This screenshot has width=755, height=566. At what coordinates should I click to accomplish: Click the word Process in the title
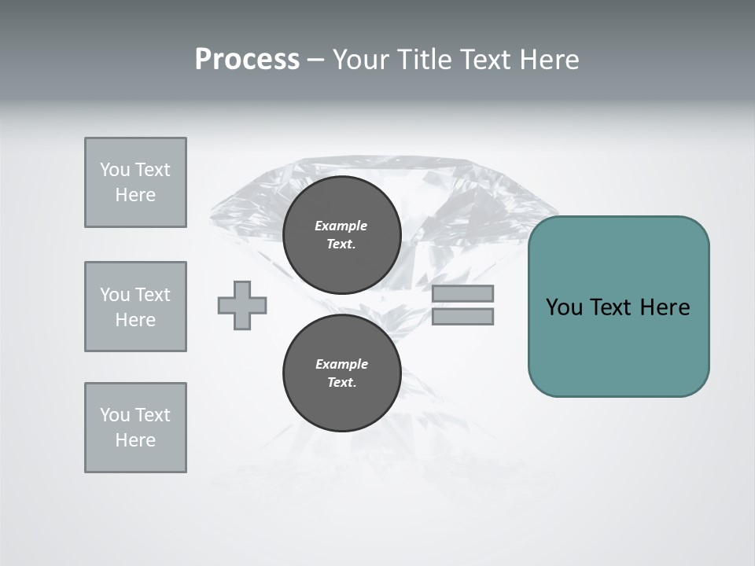(x=247, y=60)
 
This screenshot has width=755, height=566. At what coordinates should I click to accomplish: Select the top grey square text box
(x=135, y=182)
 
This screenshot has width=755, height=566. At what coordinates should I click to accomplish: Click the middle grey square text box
(x=135, y=307)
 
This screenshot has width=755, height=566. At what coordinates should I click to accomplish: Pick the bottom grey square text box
(x=135, y=428)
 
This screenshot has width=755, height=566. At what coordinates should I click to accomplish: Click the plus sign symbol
(x=242, y=305)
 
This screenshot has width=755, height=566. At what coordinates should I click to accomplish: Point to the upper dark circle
(x=341, y=235)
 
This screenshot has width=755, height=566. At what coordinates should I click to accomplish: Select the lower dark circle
(x=341, y=373)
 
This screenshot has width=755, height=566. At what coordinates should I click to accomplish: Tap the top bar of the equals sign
(x=462, y=293)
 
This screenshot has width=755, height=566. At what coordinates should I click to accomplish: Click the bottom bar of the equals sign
(x=462, y=316)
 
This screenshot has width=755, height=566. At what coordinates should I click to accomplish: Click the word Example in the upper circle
(x=341, y=226)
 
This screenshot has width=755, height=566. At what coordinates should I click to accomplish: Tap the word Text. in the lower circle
(x=341, y=383)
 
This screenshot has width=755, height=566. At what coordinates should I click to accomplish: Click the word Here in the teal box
(x=665, y=307)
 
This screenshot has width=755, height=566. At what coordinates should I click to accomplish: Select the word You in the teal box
(x=565, y=307)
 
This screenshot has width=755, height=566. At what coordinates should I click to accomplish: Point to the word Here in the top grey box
(x=135, y=195)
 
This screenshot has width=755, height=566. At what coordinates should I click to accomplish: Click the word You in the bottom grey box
(x=115, y=415)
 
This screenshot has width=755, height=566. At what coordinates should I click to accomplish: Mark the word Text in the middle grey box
(x=153, y=295)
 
